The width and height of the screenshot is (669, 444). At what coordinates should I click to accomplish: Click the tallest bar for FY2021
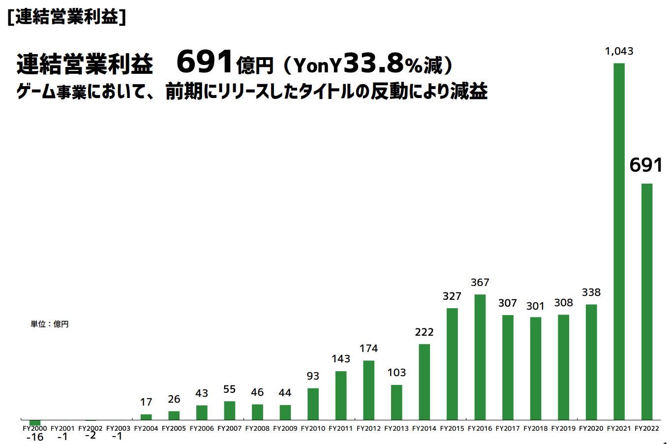pos(619,241)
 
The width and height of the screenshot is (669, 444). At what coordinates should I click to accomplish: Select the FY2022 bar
pos(647,301)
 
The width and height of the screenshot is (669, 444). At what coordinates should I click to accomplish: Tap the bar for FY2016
pos(480,357)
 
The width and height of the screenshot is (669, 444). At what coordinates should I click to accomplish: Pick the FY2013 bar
pos(396,402)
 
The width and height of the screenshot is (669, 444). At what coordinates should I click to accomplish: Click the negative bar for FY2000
pos(35,422)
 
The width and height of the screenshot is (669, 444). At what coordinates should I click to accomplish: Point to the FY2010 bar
pos(313,404)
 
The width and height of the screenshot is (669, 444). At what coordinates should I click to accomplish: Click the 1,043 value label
pos(619,51)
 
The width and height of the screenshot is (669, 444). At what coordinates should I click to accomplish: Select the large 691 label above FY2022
pos(646,165)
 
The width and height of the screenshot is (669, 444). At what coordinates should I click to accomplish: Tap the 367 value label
pos(480,283)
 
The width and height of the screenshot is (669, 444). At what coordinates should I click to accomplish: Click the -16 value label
pos(35,437)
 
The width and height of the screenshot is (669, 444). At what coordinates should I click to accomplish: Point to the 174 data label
pos(368,349)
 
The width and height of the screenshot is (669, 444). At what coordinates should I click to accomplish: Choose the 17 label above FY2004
pos(146,402)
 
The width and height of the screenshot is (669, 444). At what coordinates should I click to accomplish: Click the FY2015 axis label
pos(452,429)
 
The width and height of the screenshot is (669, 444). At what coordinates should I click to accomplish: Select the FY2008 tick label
pos(257,429)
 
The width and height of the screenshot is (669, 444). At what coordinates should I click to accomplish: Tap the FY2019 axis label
pos(563,429)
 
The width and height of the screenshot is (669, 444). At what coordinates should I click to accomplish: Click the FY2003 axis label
pos(118,429)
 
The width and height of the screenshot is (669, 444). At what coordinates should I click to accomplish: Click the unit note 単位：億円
pos(50,324)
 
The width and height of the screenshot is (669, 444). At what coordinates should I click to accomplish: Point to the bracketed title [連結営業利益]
pos(67,17)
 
